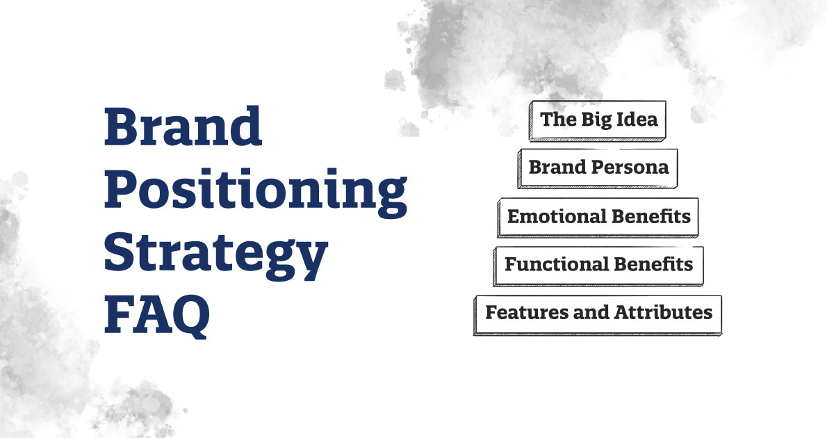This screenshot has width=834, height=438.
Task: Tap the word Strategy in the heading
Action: pyautogui.click(x=215, y=255)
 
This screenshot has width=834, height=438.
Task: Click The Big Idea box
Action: pyautogui.click(x=598, y=120)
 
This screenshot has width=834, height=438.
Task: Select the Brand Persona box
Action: pyautogui.click(x=598, y=168)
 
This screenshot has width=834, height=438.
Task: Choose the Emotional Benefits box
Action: pyautogui.click(x=598, y=216)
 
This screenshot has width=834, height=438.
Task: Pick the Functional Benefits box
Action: pyautogui.click(x=598, y=265)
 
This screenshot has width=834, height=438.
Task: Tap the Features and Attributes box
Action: pyautogui.click(x=598, y=313)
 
